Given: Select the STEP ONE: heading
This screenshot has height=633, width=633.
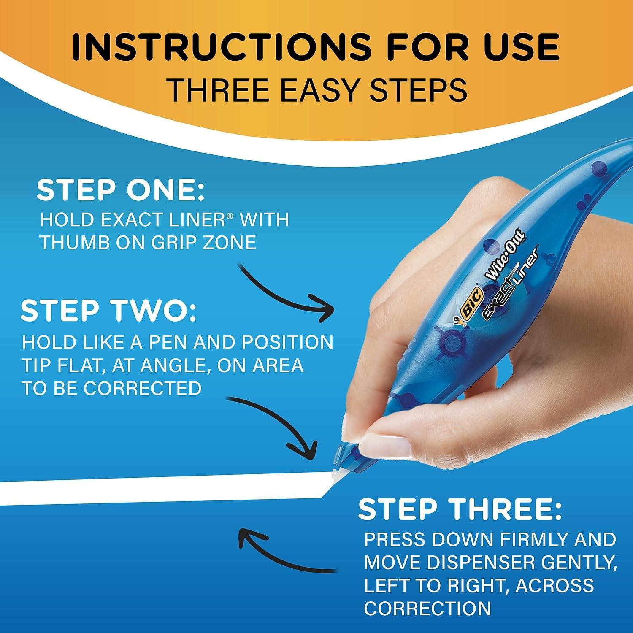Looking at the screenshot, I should [x=120, y=191].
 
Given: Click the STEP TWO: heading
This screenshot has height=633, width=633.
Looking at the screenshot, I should [x=108, y=311].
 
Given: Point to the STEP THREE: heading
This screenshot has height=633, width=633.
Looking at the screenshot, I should [x=460, y=510].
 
